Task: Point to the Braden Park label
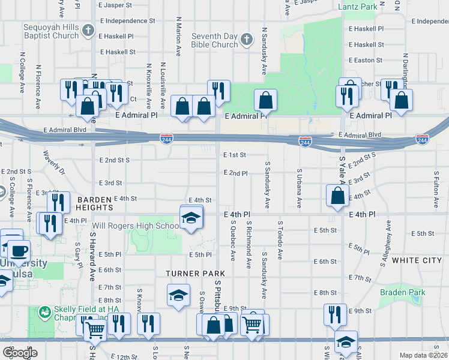click(402, 293)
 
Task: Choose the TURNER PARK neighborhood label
click(190, 274)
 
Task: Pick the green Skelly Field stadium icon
click(44, 312)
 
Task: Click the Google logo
click(20, 352)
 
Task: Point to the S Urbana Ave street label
click(298, 188)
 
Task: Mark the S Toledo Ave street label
click(280, 240)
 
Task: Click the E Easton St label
click(365, 61)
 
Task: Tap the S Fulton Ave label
click(435, 188)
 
